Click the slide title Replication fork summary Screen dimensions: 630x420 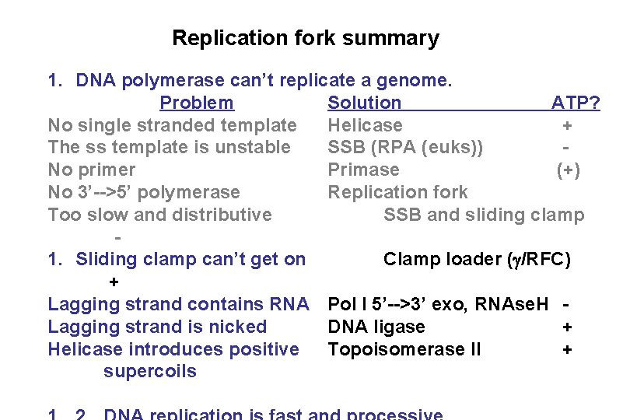click(306, 38)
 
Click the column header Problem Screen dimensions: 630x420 click(196, 103)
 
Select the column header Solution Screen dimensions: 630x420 click(365, 103)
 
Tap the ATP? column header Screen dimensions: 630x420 click(576, 103)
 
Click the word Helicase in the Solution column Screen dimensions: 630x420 click(365, 125)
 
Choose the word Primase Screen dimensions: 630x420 click(363, 170)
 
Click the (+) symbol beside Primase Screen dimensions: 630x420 click(568, 170)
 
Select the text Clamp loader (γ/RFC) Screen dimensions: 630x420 click(477, 259)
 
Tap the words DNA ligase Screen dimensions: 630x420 click(376, 327)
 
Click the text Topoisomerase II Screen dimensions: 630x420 click(404, 349)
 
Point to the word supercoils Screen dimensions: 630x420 click(150, 371)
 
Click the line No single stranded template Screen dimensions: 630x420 click(172, 125)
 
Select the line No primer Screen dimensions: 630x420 click(91, 170)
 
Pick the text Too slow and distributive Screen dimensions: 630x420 click(159, 215)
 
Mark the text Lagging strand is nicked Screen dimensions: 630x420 click(157, 327)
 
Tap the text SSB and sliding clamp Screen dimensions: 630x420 click(484, 215)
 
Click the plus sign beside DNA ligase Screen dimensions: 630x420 click(568, 327)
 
